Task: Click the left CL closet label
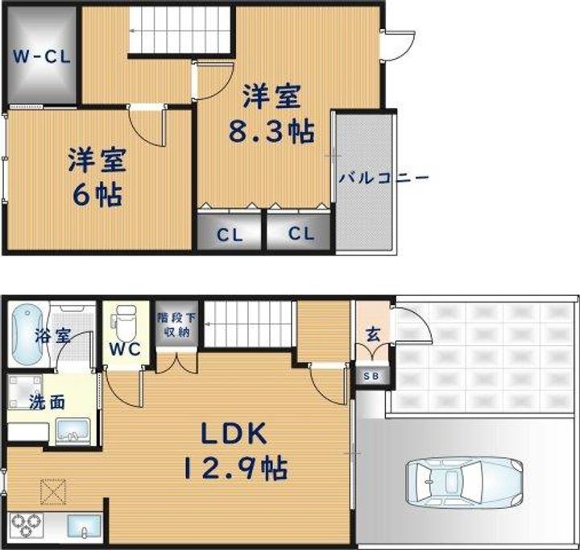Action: click(x=230, y=235)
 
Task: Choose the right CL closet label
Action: click(x=300, y=235)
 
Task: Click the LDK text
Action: click(x=234, y=433)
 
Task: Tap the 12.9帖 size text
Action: click(x=235, y=467)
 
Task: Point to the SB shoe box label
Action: click(x=374, y=377)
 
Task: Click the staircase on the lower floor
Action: click(x=245, y=323)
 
